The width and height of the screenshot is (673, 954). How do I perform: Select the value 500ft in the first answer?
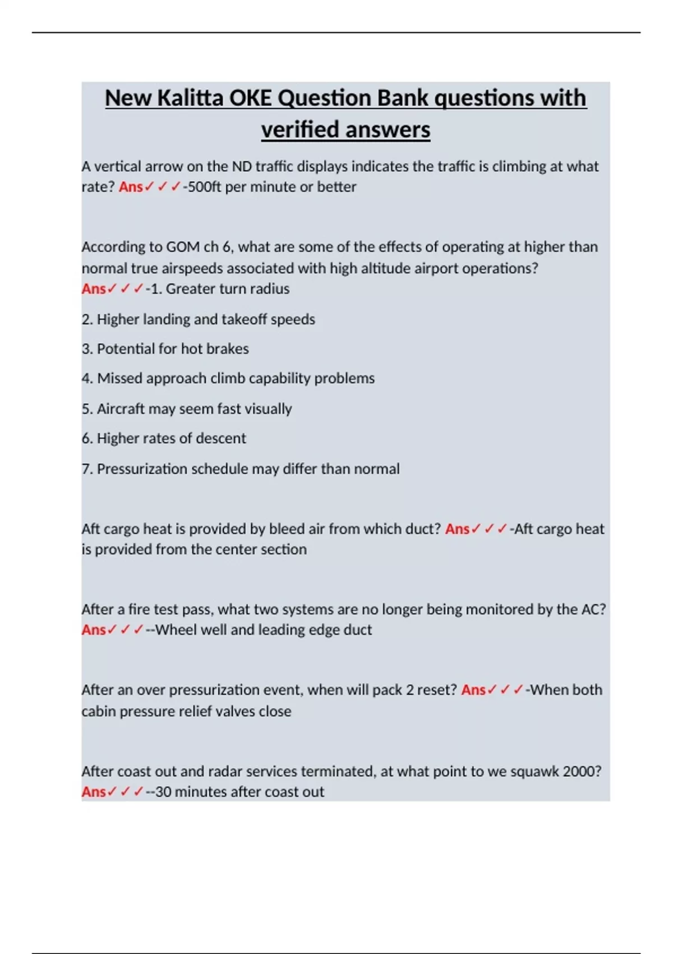pos(204,187)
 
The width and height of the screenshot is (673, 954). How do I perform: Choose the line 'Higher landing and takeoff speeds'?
pos(198,319)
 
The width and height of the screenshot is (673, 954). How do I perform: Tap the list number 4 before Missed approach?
pos(86,379)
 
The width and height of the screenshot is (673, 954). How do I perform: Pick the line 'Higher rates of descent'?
pos(164,438)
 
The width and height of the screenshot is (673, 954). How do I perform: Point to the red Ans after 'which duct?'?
pos(457,529)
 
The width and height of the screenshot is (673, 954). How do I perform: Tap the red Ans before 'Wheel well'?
pos(94,630)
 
